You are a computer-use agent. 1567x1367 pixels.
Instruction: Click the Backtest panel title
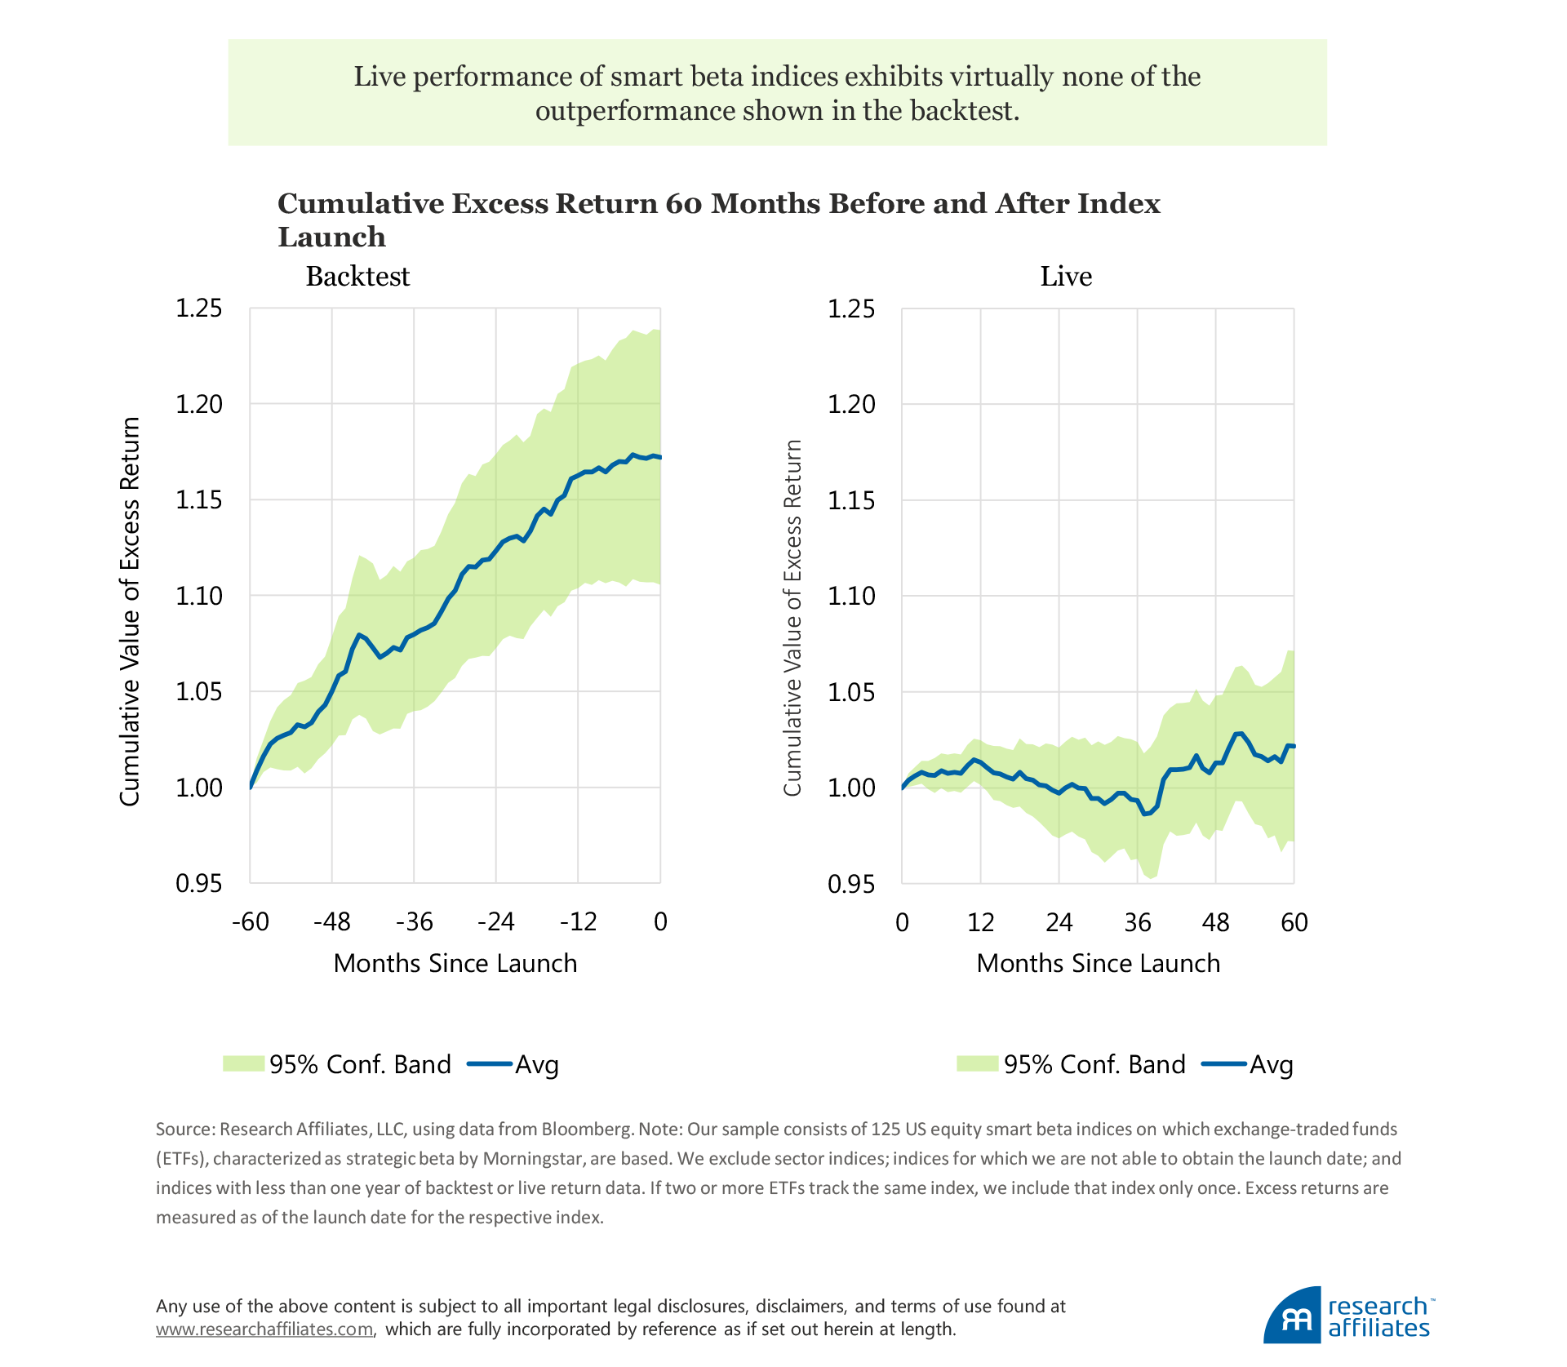[x=357, y=277]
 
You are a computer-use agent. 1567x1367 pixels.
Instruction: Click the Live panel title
[x=1066, y=277]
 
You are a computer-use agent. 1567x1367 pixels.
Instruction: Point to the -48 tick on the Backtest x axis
[x=332, y=922]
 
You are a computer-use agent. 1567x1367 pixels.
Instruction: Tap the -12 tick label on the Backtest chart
[x=578, y=922]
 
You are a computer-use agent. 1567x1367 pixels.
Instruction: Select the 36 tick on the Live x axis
[x=1137, y=923]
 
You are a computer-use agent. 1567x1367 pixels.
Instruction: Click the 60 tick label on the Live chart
[x=1294, y=923]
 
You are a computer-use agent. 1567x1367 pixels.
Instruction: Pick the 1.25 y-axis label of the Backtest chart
[x=199, y=308]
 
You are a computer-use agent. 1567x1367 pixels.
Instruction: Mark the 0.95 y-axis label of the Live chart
[x=851, y=884]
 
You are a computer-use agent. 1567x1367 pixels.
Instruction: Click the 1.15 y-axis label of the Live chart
[x=851, y=500]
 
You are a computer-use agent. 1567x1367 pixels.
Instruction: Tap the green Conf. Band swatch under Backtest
[x=243, y=1064]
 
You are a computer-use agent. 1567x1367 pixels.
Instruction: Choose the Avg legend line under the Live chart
[x=1224, y=1064]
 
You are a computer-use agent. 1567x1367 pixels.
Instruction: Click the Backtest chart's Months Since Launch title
[x=455, y=964]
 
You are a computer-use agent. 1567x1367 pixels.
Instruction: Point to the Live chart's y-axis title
[x=792, y=618]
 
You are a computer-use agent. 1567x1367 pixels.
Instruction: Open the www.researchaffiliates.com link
[x=264, y=1329]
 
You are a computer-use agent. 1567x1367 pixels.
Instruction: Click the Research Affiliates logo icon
[x=1293, y=1316]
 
